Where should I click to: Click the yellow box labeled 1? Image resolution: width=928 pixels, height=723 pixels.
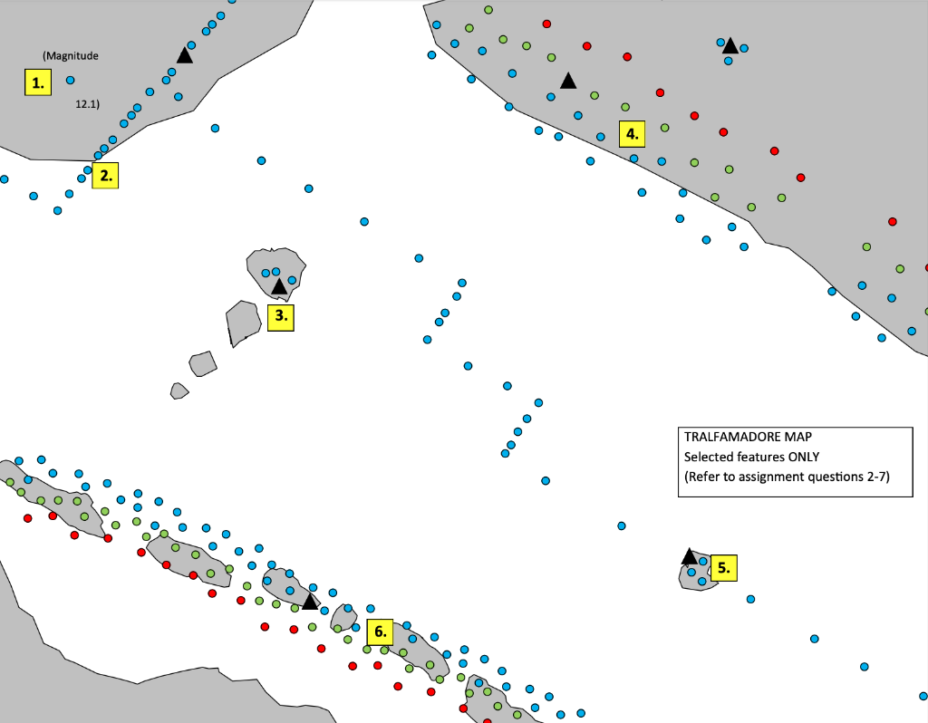(x=37, y=83)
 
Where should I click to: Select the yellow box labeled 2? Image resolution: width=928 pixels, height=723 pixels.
(x=106, y=176)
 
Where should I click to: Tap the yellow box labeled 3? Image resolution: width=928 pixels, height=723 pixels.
(x=281, y=316)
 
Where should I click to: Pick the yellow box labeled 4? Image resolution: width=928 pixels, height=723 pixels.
(x=632, y=134)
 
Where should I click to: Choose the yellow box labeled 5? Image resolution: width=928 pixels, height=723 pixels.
(x=723, y=568)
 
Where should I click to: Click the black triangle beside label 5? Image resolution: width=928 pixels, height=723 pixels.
(x=689, y=555)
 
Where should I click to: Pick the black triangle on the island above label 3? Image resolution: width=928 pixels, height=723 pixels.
(x=279, y=286)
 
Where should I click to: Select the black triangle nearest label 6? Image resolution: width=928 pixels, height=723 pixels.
(x=310, y=601)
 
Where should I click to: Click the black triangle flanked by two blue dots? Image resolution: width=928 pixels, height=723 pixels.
(x=730, y=45)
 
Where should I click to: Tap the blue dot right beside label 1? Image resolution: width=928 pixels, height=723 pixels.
(x=70, y=81)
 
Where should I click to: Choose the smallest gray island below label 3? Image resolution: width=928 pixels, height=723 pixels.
(x=179, y=390)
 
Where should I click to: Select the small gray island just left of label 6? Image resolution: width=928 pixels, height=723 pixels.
(x=343, y=616)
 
